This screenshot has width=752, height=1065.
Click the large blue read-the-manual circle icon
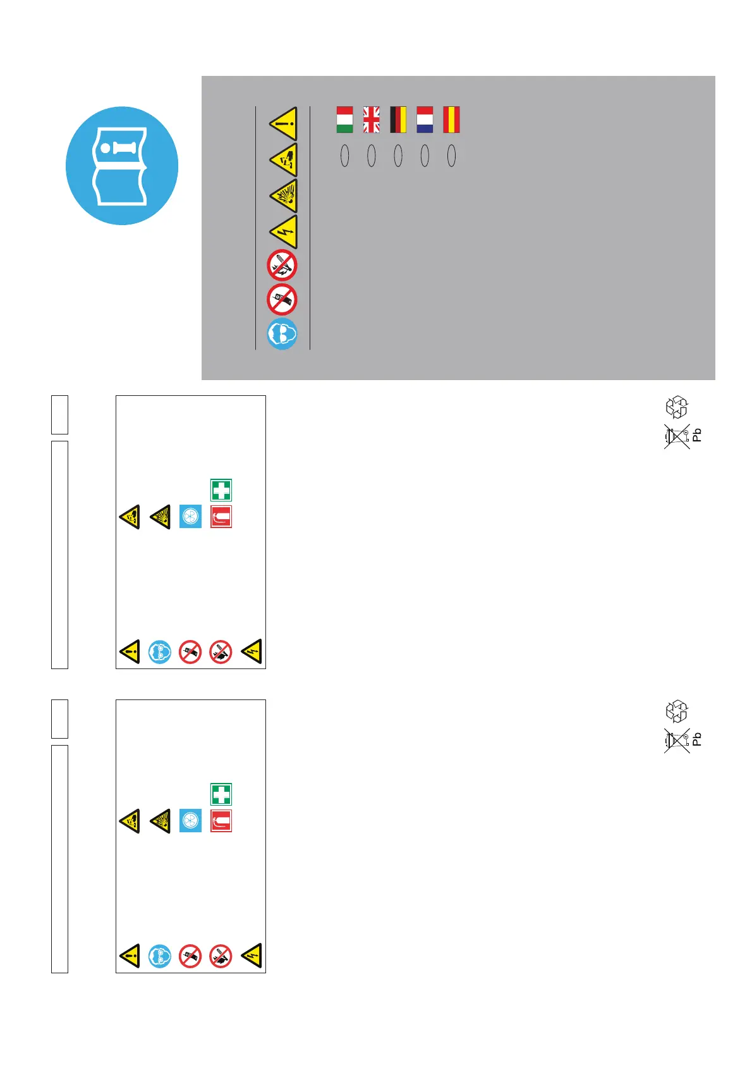pos(122,166)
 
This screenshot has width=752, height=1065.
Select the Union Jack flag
pos(371,120)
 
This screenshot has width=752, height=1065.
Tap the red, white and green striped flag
pos(344,120)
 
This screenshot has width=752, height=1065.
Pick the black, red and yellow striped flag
pos(398,120)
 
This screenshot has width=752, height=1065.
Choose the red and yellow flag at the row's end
pos(451,120)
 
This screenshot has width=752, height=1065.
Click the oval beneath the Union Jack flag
pos(371,156)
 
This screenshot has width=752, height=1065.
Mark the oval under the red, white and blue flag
pos(425,156)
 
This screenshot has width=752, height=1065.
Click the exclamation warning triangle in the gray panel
pos(284,123)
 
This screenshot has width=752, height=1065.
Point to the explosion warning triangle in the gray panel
pos(284,196)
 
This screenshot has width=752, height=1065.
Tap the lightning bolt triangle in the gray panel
pos(284,231)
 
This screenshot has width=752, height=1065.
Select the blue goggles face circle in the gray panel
pos(282,334)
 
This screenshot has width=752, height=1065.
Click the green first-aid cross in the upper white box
pos(221,490)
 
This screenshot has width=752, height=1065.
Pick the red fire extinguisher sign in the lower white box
pos(221,821)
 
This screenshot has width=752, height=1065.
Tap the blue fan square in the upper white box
pos(190,517)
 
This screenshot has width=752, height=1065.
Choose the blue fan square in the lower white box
pos(190,821)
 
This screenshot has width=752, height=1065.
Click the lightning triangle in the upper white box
pos(252,651)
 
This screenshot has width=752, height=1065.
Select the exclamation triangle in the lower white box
pos(130,956)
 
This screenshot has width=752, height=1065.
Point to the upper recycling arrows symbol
pos(677,407)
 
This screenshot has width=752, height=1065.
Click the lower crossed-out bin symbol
pos(677,741)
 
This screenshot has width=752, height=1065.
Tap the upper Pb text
pos(697,435)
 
